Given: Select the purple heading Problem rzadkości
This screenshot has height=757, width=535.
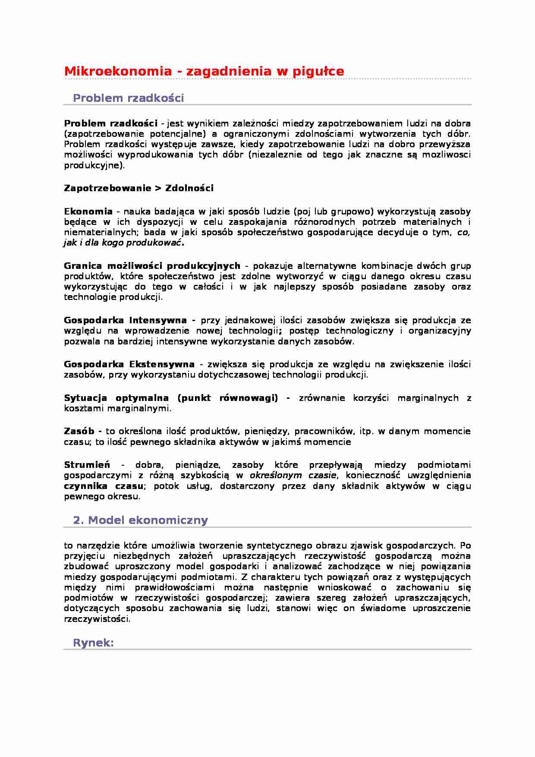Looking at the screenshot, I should pyautogui.click(x=128, y=98).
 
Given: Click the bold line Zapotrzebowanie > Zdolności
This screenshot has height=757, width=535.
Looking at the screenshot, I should pyautogui.click(x=138, y=188).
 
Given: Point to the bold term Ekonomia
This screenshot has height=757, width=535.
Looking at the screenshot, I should pyautogui.click(x=88, y=211).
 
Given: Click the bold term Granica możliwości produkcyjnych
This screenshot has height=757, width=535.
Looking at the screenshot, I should pyautogui.click(x=152, y=266).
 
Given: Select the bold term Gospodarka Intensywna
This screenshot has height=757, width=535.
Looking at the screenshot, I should pyautogui.click(x=125, y=320).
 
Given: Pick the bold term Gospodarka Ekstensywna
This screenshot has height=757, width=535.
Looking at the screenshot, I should pyautogui.click(x=129, y=364).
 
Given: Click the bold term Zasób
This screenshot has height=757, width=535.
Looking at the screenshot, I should pyautogui.click(x=79, y=431).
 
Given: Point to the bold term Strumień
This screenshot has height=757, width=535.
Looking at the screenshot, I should pyautogui.click(x=87, y=465).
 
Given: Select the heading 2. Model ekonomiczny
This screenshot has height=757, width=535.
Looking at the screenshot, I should pyautogui.click(x=140, y=520).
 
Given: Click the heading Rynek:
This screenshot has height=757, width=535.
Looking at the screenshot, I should pyautogui.click(x=93, y=643).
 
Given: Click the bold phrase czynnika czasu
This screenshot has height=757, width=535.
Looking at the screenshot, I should pyautogui.click(x=104, y=486).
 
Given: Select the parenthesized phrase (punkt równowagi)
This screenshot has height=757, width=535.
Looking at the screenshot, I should pyautogui.click(x=227, y=398).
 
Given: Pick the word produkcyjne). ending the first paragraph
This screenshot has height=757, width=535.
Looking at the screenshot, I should pyautogui.click(x=94, y=165).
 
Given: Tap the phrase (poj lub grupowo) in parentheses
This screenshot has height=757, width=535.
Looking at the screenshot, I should pyautogui.click(x=333, y=211).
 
